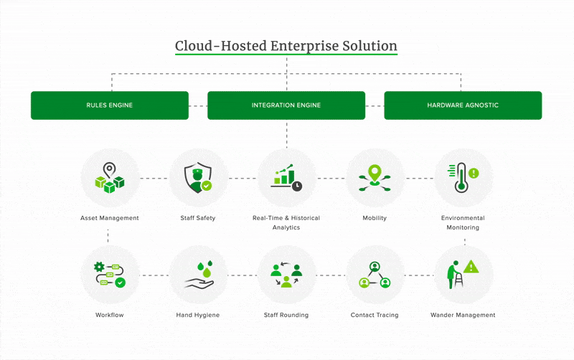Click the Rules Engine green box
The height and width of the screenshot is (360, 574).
click(109, 105)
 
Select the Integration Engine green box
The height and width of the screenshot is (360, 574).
click(286, 105)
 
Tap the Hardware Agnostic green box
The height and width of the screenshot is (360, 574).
click(463, 105)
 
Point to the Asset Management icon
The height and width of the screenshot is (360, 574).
click(109, 179)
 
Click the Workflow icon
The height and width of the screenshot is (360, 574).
click(109, 275)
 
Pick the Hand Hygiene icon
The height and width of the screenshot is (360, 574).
click(197, 275)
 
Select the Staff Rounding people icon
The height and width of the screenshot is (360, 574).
click(286, 275)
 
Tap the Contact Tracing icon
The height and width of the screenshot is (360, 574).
click(375, 275)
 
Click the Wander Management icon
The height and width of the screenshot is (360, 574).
click(464, 275)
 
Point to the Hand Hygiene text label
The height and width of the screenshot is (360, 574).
click(197, 315)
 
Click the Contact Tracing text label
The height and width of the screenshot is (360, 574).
click(375, 315)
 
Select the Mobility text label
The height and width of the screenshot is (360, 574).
click(375, 218)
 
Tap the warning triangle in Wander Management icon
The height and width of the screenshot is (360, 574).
click(471, 267)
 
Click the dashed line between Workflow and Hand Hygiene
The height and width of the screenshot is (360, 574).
click(154, 275)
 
